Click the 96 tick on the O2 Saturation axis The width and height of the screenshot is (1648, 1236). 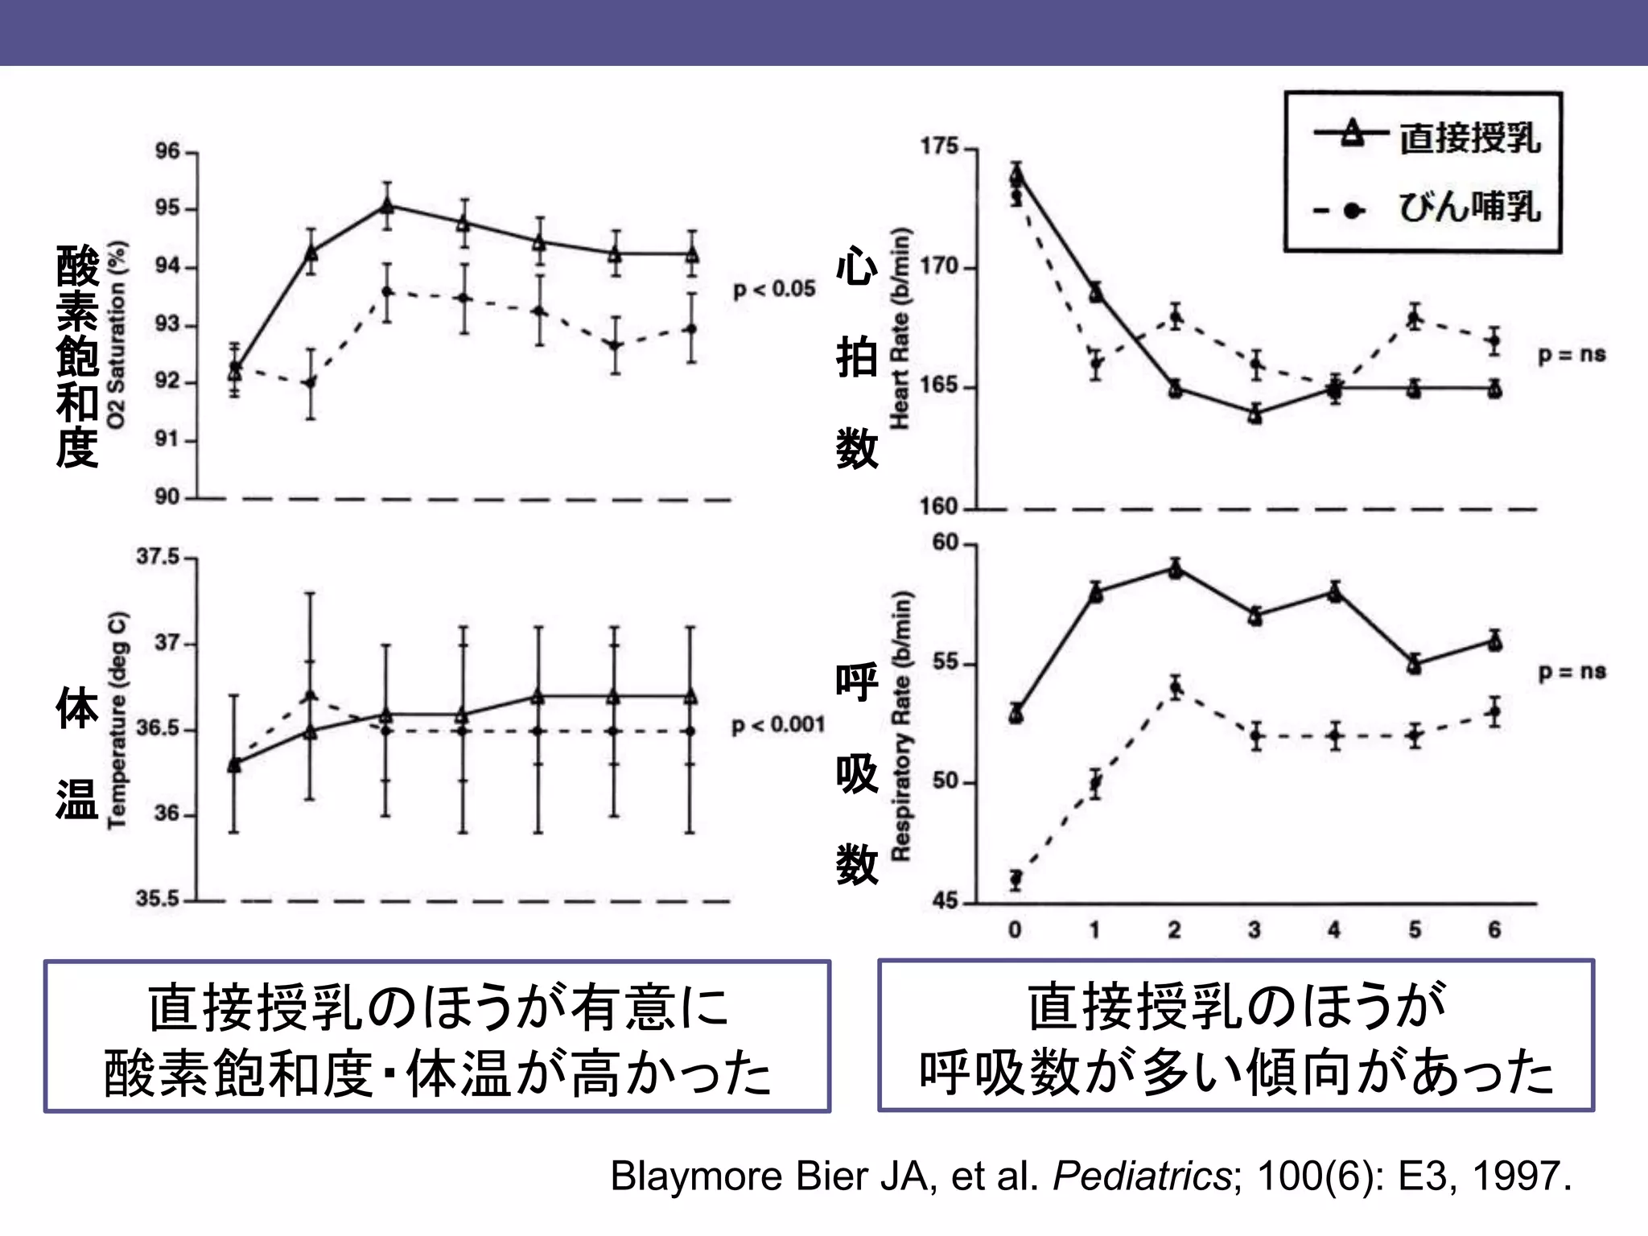168,151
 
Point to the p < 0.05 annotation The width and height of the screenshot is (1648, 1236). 774,289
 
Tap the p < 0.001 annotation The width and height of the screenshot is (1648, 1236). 778,725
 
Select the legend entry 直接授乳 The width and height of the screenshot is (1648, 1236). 1469,138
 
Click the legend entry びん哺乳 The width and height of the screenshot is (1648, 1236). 1469,208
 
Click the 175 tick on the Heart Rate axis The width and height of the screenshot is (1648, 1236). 940,147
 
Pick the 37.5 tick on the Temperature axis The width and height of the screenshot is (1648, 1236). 158,557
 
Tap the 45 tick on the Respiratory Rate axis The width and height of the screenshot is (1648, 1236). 946,902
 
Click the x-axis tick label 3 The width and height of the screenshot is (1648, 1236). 1255,930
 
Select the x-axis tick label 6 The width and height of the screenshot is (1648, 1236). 1494,930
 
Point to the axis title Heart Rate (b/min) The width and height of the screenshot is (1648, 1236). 900,328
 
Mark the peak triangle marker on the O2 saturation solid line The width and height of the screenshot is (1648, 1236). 387,206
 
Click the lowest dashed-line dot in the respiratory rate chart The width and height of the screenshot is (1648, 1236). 1016,878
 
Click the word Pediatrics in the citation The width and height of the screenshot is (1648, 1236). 1141,1176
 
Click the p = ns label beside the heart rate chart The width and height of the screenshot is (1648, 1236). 1572,355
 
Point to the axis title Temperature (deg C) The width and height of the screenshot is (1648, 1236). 117,720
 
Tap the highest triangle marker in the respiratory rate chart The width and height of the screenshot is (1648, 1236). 1176,570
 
